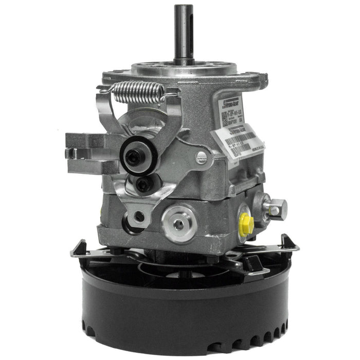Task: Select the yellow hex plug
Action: click(x=246, y=223)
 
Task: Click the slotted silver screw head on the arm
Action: click(x=202, y=158)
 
